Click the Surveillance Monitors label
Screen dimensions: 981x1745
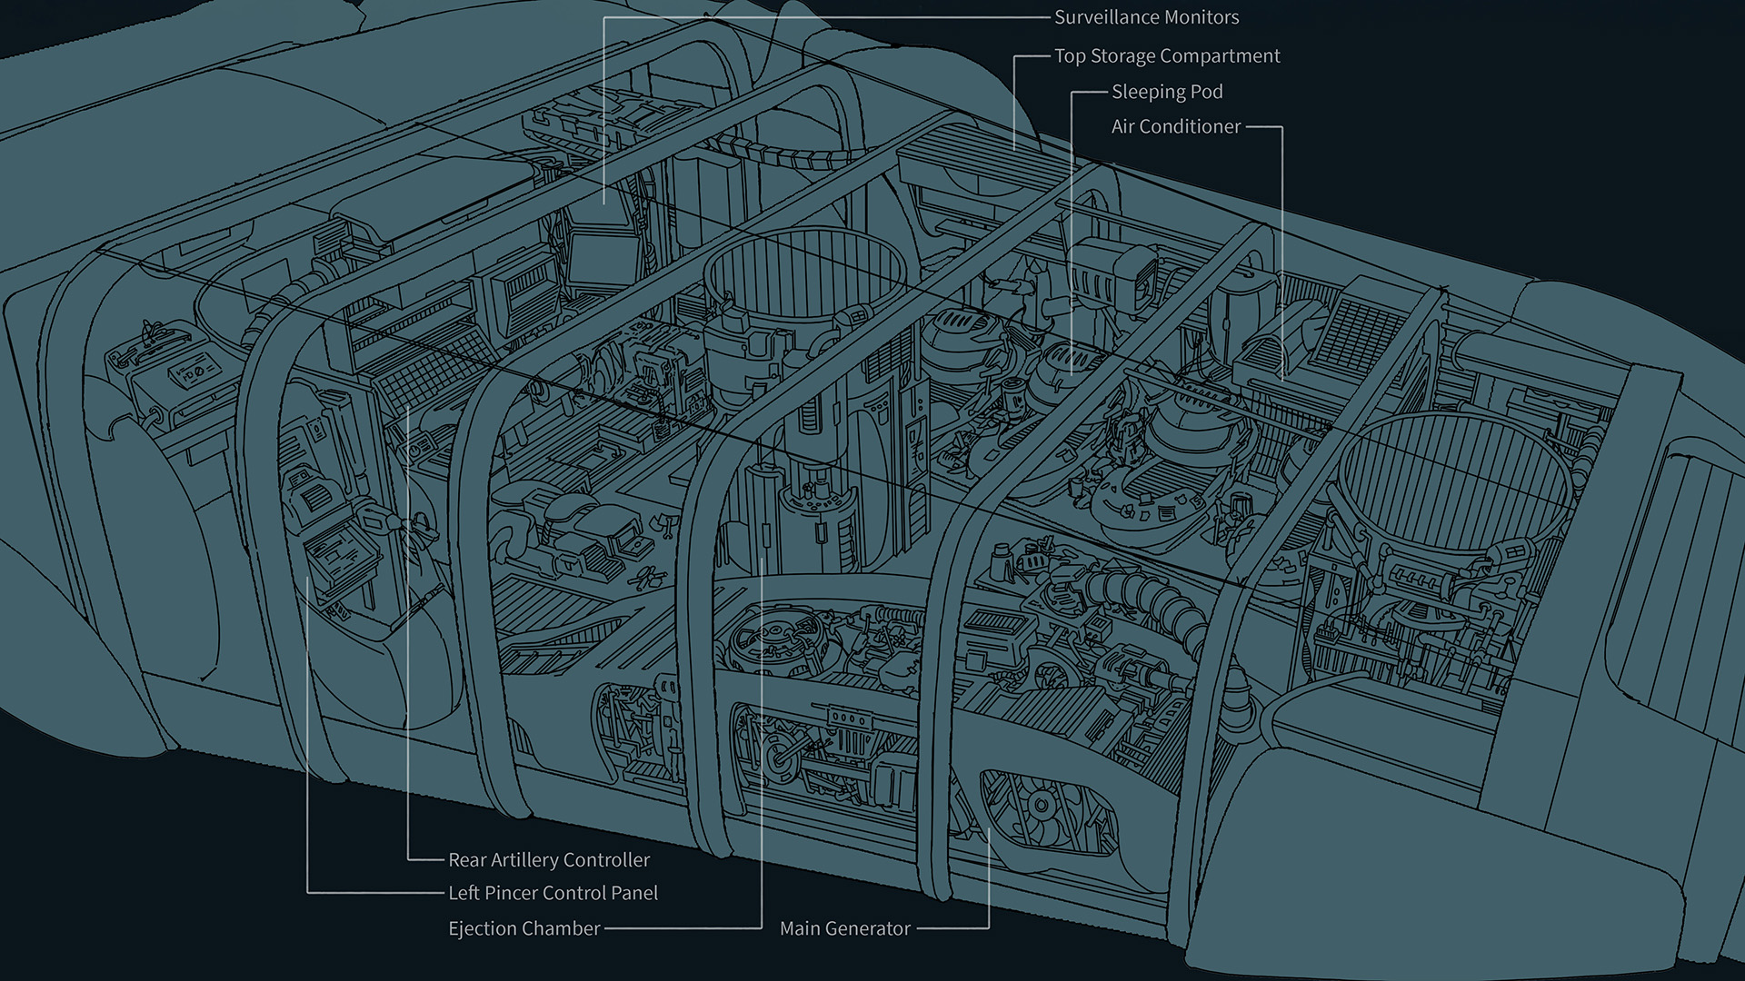1146,17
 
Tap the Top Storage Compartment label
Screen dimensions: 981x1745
1167,56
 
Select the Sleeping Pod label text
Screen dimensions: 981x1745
1167,92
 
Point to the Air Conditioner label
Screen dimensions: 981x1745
1175,127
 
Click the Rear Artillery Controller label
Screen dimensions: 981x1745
549,859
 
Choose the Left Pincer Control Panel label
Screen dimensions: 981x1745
553,893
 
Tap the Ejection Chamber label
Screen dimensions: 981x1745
523,928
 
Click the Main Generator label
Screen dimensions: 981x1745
844,928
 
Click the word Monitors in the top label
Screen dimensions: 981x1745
1201,17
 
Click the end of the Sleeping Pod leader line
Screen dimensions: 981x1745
1072,372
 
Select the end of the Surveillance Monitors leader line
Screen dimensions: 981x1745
604,203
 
